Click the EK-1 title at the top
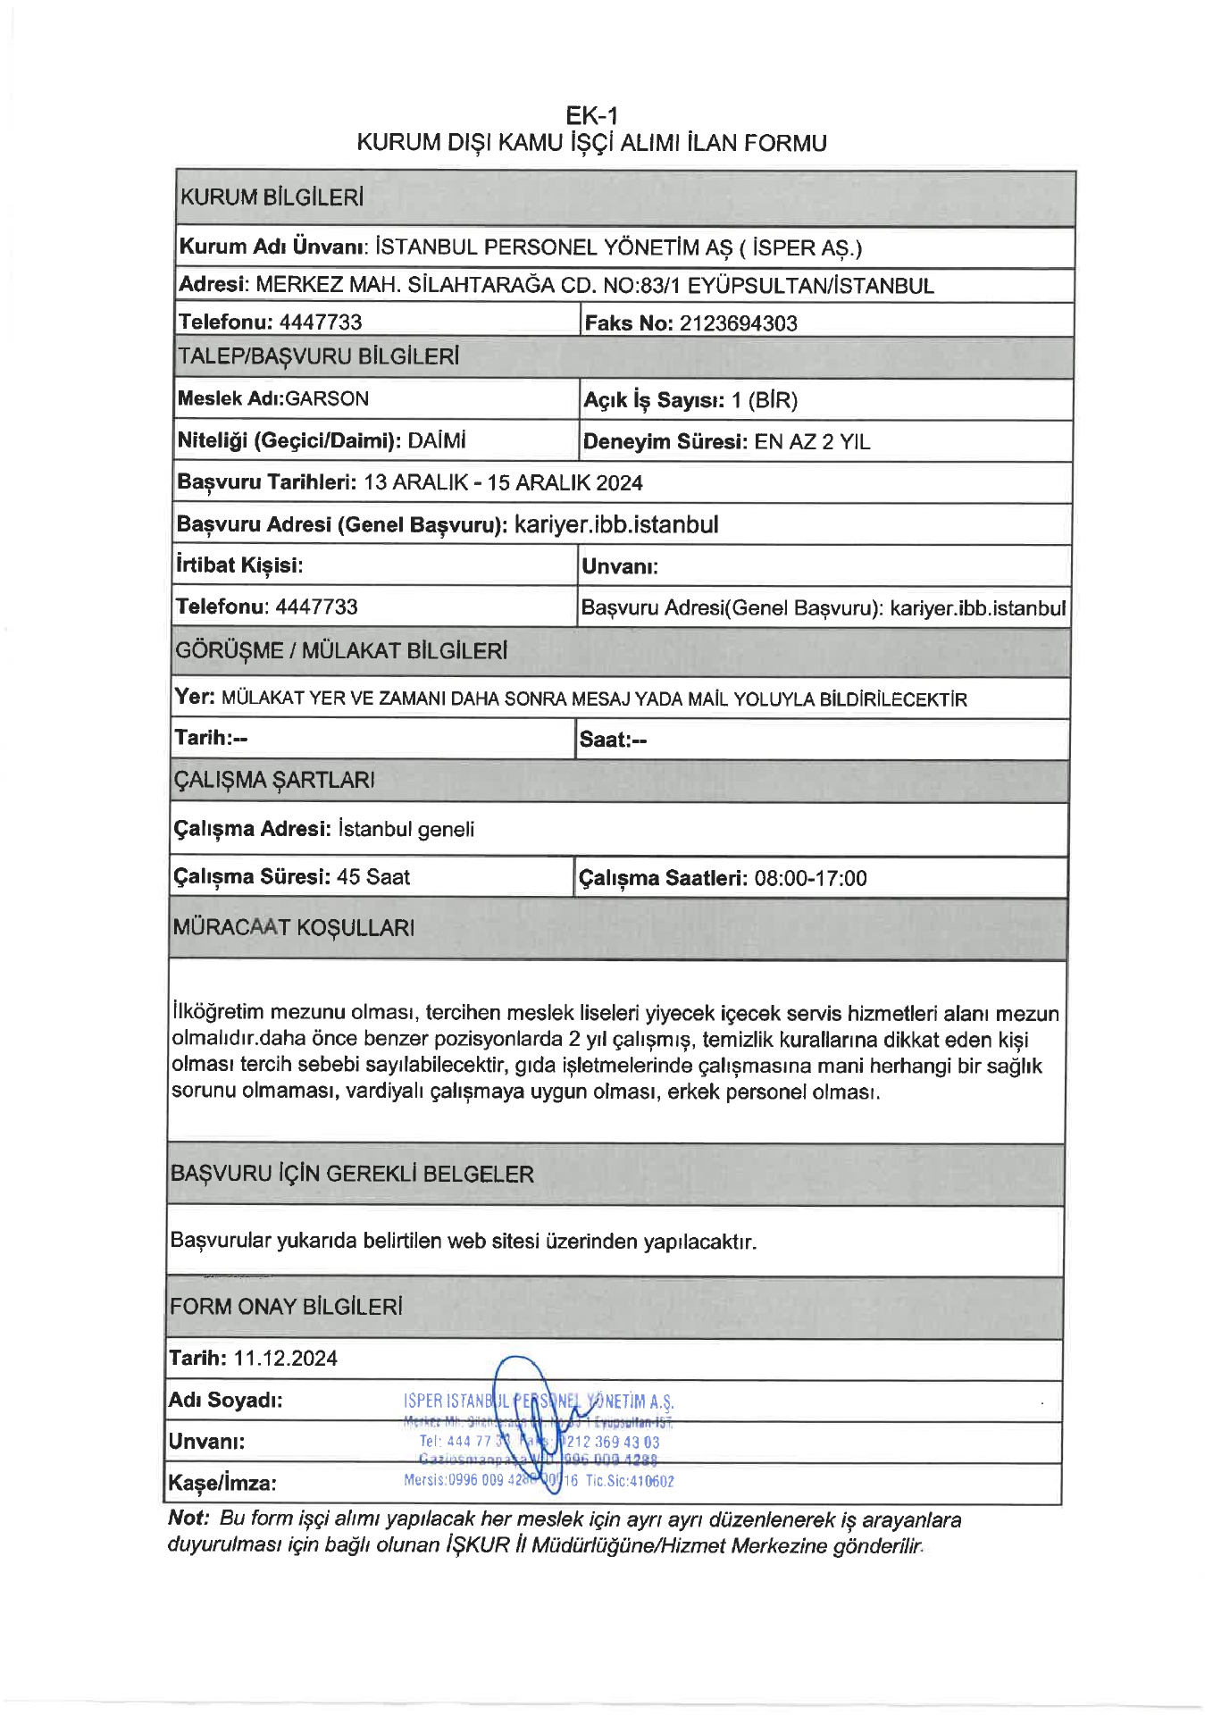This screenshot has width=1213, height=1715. pyautogui.click(x=591, y=115)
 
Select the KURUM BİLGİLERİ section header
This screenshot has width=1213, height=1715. pyautogui.click(x=272, y=197)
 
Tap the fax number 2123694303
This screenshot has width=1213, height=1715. pyautogui.click(x=738, y=323)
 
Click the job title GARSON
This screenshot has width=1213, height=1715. pyautogui.click(x=327, y=399)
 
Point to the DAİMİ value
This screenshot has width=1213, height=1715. pyautogui.click(x=437, y=441)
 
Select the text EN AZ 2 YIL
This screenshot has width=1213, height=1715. pyautogui.click(x=812, y=442)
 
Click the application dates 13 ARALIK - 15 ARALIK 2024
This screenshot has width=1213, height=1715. pyautogui.click(x=503, y=483)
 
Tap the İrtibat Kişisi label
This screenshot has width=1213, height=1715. pyautogui.click(x=239, y=565)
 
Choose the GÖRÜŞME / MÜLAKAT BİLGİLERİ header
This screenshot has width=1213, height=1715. pyautogui.click(x=341, y=650)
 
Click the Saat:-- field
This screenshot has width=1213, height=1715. pyautogui.click(x=613, y=740)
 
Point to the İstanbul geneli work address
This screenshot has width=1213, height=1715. pyautogui.click(x=406, y=830)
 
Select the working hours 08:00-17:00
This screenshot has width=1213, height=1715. pyautogui.click(x=810, y=879)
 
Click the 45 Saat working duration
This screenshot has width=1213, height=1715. pyautogui.click(x=373, y=877)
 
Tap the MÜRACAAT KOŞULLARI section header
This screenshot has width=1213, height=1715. pyautogui.click(x=294, y=927)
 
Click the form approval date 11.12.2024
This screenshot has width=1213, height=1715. pyautogui.click(x=286, y=1359)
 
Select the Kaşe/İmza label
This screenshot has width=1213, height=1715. pyautogui.click(x=222, y=1484)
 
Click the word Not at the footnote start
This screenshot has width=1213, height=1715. pyautogui.click(x=188, y=1518)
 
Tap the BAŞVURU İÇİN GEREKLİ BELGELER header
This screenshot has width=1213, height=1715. pyautogui.click(x=352, y=1174)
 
